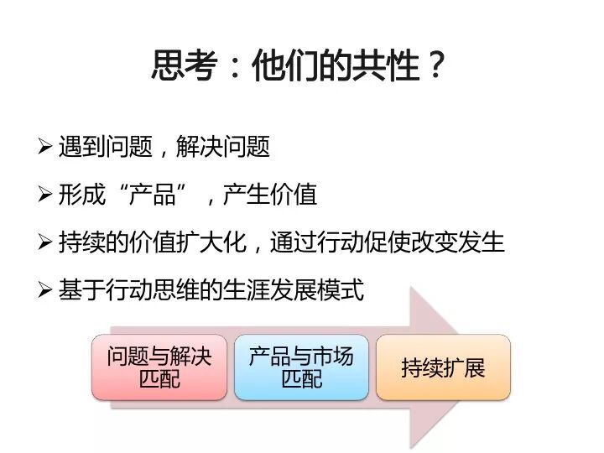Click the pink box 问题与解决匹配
(x=159, y=367)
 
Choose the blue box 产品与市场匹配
(x=301, y=367)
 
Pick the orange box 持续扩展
(x=443, y=367)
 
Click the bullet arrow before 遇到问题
(x=46, y=146)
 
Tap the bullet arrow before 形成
(x=46, y=195)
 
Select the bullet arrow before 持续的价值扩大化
(x=46, y=242)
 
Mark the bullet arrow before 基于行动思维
(x=46, y=290)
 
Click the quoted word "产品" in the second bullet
(x=152, y=195)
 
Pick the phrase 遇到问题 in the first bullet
(x=106, y=147)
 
